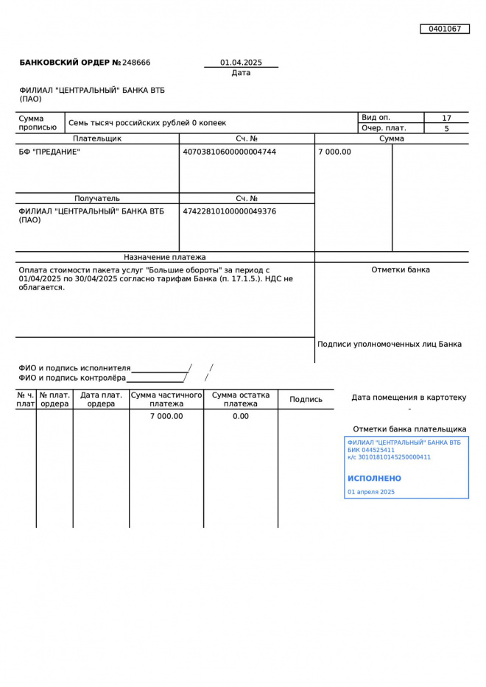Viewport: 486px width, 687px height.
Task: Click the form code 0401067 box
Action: (x=445, y=29)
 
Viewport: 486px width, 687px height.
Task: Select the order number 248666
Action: (x=136, y=63)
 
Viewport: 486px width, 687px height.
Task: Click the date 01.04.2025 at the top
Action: (x=241, y=63)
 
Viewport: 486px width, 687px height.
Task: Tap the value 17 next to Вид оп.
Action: (x=446, y=118)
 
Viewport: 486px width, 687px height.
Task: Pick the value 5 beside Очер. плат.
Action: (x=446, y=128)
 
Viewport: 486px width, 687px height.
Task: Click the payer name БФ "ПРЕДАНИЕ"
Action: (x=49, y=152)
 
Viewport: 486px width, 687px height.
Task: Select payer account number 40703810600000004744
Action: (x=229, y=152)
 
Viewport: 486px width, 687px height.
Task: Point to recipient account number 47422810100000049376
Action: (x=229, y=211)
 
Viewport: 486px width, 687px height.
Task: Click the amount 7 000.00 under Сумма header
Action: (x=335, y=152)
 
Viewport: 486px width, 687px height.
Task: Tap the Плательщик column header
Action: (x=97, y=138)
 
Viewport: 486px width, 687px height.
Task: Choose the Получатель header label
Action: (x=97, y=198)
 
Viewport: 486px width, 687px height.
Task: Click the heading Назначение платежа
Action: (x=165, y=257)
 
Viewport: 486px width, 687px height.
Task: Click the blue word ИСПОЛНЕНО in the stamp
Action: (x=375, y=479)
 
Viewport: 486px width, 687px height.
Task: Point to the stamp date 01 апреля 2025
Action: (x=371, y=492)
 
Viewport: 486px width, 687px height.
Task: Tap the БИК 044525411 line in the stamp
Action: (x=371, y=450)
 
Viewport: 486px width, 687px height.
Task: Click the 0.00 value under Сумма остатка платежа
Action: (x=241, y=416)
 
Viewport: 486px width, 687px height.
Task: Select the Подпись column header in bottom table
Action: (x=306, y=399)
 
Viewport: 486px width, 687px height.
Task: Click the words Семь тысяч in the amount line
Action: (x=89, y=123)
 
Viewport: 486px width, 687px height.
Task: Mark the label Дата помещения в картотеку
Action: (x=409, y=398)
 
